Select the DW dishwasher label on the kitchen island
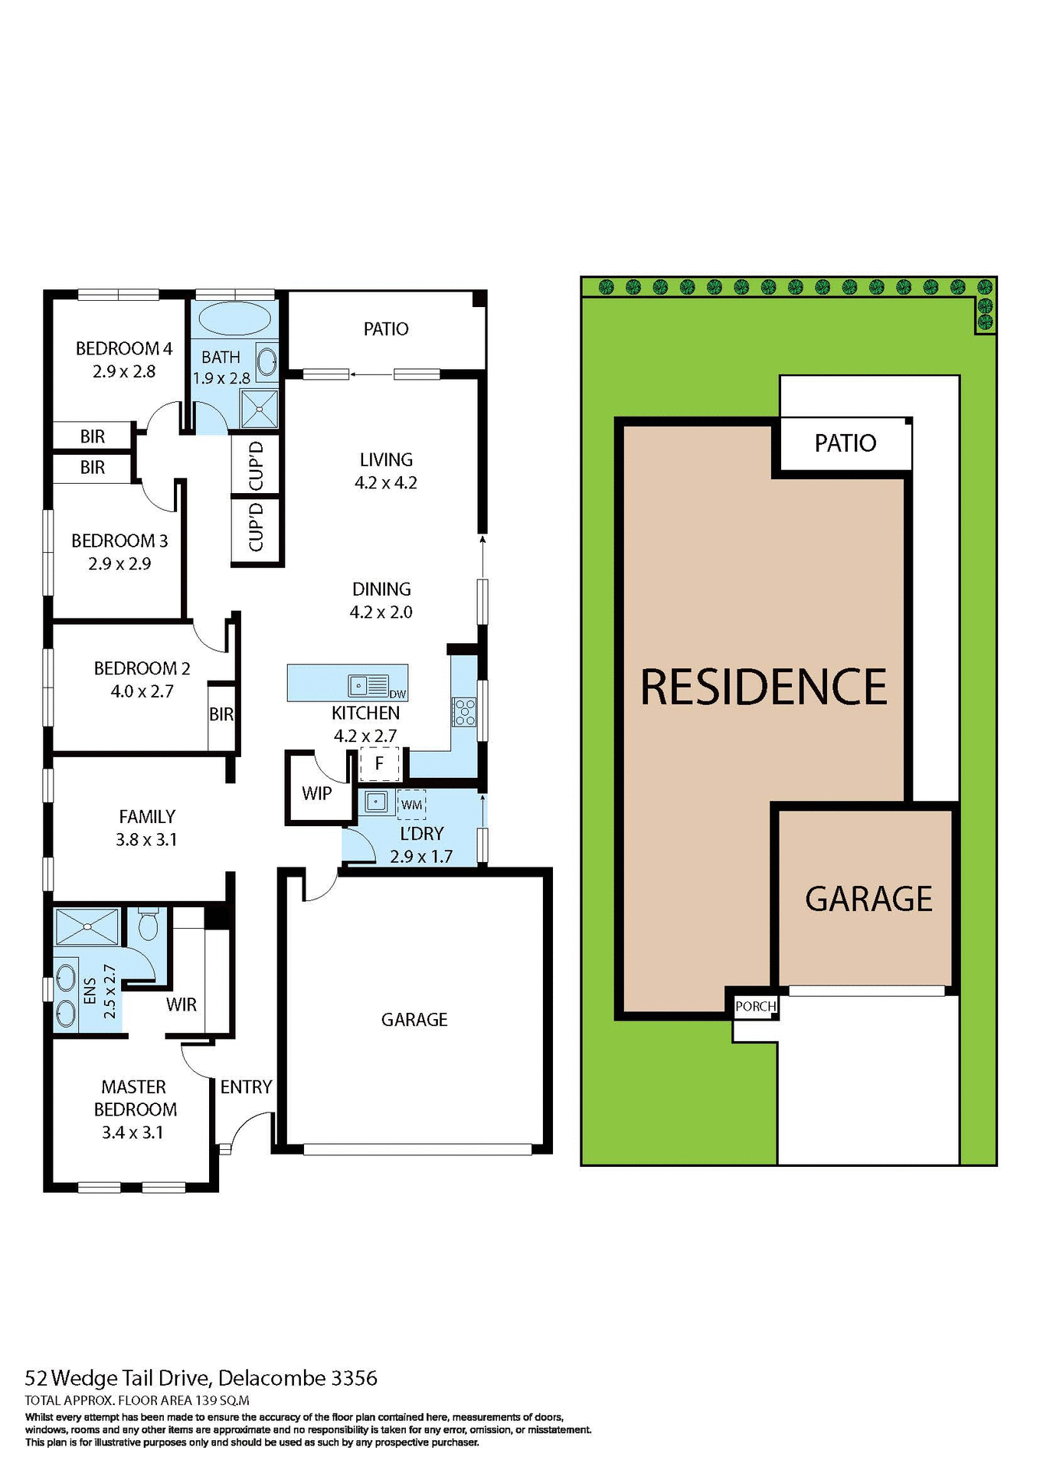397,694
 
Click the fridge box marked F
379,763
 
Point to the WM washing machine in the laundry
412,805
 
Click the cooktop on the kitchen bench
464,711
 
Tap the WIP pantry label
316,793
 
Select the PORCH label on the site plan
755,1006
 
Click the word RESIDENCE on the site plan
764,687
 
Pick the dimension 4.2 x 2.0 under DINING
381,612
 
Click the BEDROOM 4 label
124,348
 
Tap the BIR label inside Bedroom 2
221,714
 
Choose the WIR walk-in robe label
182,1004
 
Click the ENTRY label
246,1086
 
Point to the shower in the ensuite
87,926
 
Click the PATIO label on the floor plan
386,328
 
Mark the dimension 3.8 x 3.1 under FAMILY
146,839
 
